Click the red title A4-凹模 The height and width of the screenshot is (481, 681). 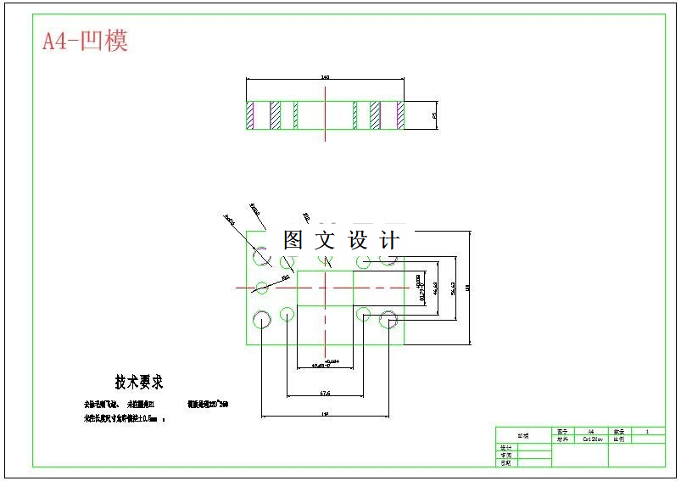[85, 41]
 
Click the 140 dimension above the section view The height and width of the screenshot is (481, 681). [325, 77]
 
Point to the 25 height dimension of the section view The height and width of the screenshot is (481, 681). [434, 115]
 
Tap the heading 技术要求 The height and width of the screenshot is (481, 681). [139, 383]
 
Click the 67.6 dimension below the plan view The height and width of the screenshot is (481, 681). [325, 394]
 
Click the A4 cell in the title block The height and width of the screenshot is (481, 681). [591, 431]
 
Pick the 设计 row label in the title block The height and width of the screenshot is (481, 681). [506, 447]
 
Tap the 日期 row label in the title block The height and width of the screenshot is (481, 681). [506, 462]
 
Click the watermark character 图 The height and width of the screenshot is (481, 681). [293, 241]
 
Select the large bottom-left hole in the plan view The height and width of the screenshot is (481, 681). [262, 319]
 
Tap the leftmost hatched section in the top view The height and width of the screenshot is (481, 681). [250, 115]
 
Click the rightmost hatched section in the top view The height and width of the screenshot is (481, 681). [398, 115]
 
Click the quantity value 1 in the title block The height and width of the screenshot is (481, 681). [648, 431]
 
